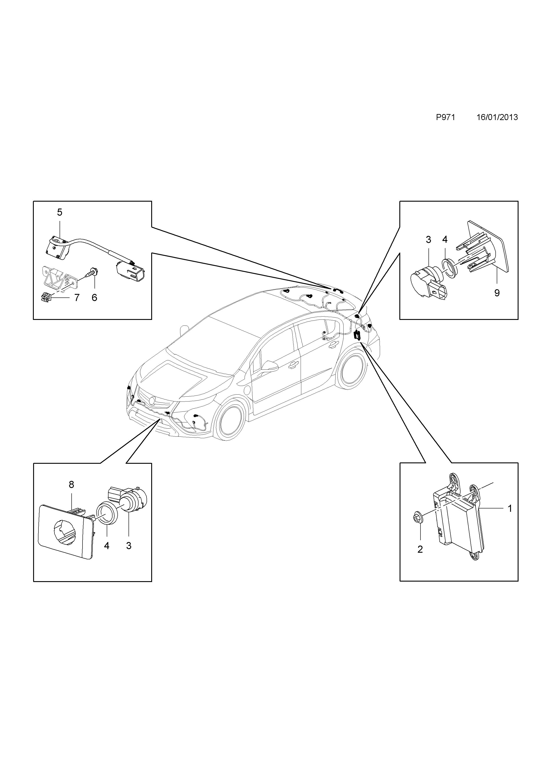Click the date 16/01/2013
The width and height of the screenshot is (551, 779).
tap(497, 117)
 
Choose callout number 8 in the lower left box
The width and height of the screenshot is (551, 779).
tap(71, 484)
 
